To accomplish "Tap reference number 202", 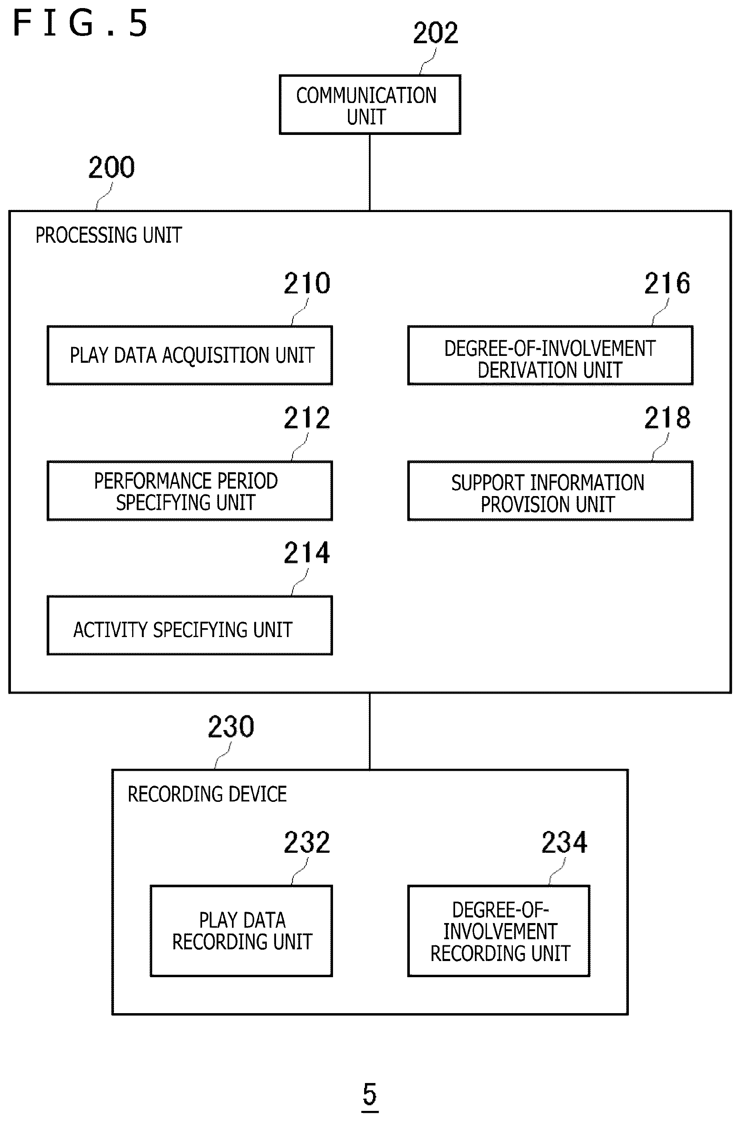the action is [x=436, y=33].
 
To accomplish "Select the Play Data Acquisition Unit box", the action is [x=190, y=355].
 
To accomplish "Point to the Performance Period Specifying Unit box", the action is [x=190, y=490].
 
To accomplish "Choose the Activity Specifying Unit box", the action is [x=190, y=625].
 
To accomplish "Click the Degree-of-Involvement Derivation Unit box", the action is [x=550, y=355].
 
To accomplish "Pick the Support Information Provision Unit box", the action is [x=550, y=490].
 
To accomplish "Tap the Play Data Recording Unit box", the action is [x=241, y=930].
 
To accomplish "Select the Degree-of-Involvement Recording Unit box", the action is [x=499, y=930].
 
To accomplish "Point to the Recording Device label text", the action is [x=207, y=794].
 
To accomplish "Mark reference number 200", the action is [x=112, y=167].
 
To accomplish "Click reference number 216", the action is [x=667, y=284].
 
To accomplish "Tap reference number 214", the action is [x=307, y=553].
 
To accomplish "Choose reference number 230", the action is [x=231, y=727].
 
